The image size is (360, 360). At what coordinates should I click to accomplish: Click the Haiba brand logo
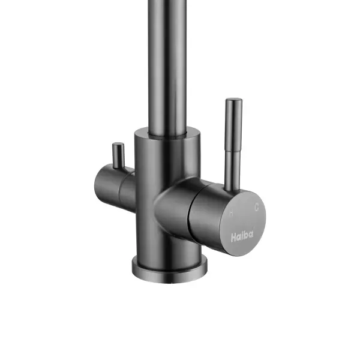[x=242, y=236]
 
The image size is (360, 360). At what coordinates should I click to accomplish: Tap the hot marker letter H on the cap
[x=231, y=213]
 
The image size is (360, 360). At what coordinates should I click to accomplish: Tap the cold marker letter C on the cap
[x=256, y=208]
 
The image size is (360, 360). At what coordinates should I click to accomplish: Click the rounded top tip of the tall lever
[x=234, y=100]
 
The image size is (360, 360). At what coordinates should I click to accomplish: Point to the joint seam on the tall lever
[x=233, y=151]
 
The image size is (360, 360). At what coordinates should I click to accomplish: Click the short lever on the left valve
[x=118, y=155]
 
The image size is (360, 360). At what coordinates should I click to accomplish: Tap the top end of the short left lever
[x=118, y=144]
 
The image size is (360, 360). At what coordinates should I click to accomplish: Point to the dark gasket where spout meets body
[x=167, y=137]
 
